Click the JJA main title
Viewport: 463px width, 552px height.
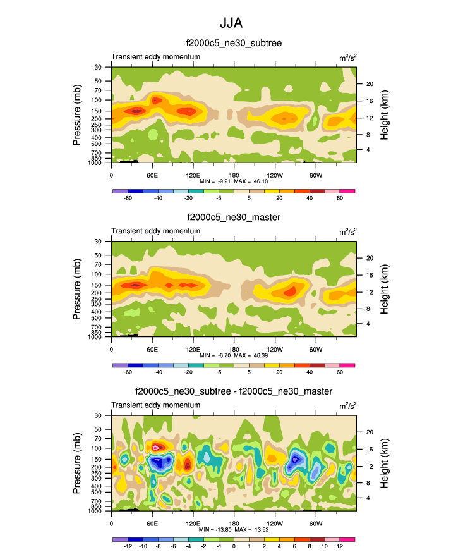click(231, 23)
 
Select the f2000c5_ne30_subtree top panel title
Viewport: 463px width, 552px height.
click(233, 44)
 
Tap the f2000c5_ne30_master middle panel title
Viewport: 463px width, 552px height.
click(233, 218)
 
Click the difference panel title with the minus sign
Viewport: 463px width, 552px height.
click(233, 391)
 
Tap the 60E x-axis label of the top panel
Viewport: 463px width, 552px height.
click(152, 175)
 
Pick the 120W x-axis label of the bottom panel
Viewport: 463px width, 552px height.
click(275, 523)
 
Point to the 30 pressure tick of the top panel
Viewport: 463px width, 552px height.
click(99, 67)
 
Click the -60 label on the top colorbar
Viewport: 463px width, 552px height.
click(128, 198)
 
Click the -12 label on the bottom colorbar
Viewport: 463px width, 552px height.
click(128, 546)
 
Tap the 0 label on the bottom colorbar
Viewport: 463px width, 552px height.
click(234, 546)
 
